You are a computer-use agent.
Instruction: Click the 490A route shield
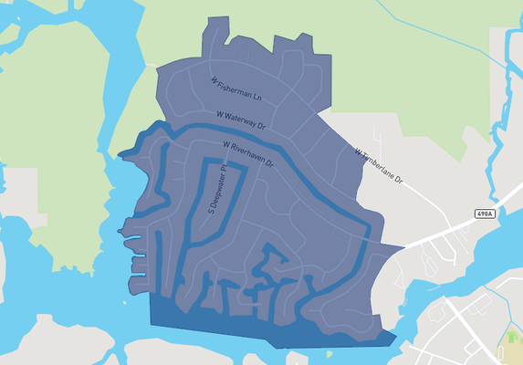pyautogui.click(x=486, y=214)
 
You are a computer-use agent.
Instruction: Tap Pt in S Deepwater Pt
pyautogui.click(x=223, y=172)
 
